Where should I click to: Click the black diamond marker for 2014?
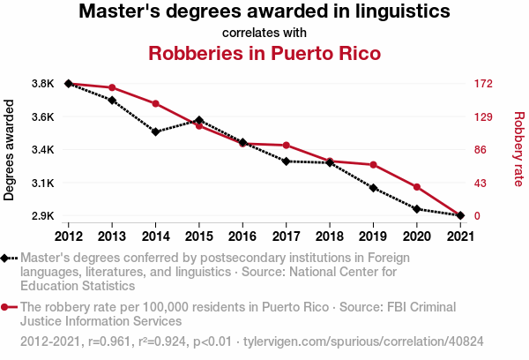point(155,132)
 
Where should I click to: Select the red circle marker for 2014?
point(155,103)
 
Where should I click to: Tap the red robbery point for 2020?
point(416,187)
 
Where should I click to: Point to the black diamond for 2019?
point(373,188)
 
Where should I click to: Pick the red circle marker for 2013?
point(112,88)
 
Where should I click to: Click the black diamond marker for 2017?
point(286,161)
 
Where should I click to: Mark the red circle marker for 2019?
point(373,165)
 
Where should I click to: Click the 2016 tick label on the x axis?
point(242,236)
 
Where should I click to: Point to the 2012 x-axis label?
point(69,236)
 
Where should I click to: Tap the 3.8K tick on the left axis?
point(41,84)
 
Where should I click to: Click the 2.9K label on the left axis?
point(41,216)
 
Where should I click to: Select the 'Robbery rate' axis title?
point(518,149)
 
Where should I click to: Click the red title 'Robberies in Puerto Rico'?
point(264,53)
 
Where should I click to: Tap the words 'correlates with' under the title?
point(264,33)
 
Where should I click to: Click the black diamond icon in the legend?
point(7,258)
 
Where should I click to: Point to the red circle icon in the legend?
point(7,307)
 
